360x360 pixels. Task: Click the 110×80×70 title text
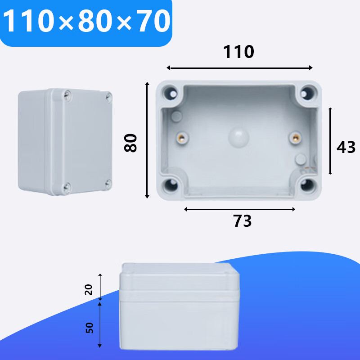point(87,22)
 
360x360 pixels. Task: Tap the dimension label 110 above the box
point(239,53)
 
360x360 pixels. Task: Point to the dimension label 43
point(346,147)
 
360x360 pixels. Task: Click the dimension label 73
point(242,221)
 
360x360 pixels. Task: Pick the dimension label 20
point(89,289)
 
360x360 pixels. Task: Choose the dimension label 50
point(89,328)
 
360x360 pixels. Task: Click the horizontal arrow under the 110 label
point(239,67)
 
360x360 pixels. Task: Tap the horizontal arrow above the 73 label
point(239,209)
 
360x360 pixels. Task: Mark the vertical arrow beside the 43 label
point(330,141)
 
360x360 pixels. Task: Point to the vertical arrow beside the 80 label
point(147,140)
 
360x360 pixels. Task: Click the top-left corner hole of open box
point(172,93)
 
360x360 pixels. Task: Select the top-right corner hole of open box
point(307,93)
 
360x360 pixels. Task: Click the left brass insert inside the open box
point(182,138)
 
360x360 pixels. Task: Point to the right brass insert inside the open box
point(295,138)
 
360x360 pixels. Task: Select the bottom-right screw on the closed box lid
point(108,182)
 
